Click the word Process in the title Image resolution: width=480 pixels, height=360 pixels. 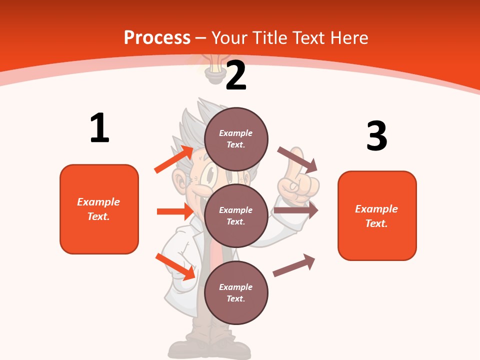click(157, 37)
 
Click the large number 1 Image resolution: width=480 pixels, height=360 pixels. click(99, 128)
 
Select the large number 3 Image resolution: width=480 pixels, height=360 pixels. click(376, 136)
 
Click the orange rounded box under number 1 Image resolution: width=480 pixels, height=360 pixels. click(99, 209)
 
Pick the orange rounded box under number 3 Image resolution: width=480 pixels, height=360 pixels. click(377, 215)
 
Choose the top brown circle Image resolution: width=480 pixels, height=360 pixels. click(236, 138)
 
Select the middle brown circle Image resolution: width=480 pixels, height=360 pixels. click(236, 215)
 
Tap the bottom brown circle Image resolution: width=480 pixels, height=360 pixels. click(236, 292)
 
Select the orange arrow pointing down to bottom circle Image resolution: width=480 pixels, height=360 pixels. click(175, 266)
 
